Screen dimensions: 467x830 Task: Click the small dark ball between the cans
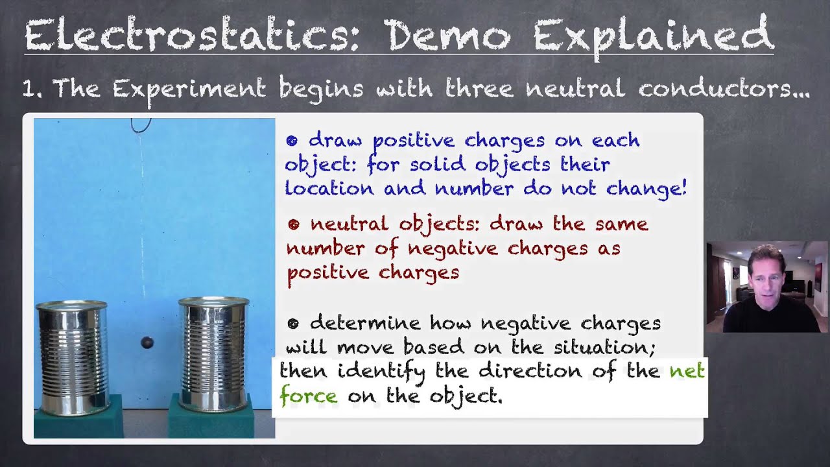click(x=147, y=342)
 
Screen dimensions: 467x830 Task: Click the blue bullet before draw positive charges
click(x=292, y=141)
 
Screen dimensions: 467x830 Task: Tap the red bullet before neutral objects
click(x=294, y=224)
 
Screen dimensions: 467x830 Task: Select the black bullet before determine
click(x=293, y=323)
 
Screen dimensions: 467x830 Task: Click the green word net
click(x=687, y=372)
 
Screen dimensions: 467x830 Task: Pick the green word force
click(x=308, y=396)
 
